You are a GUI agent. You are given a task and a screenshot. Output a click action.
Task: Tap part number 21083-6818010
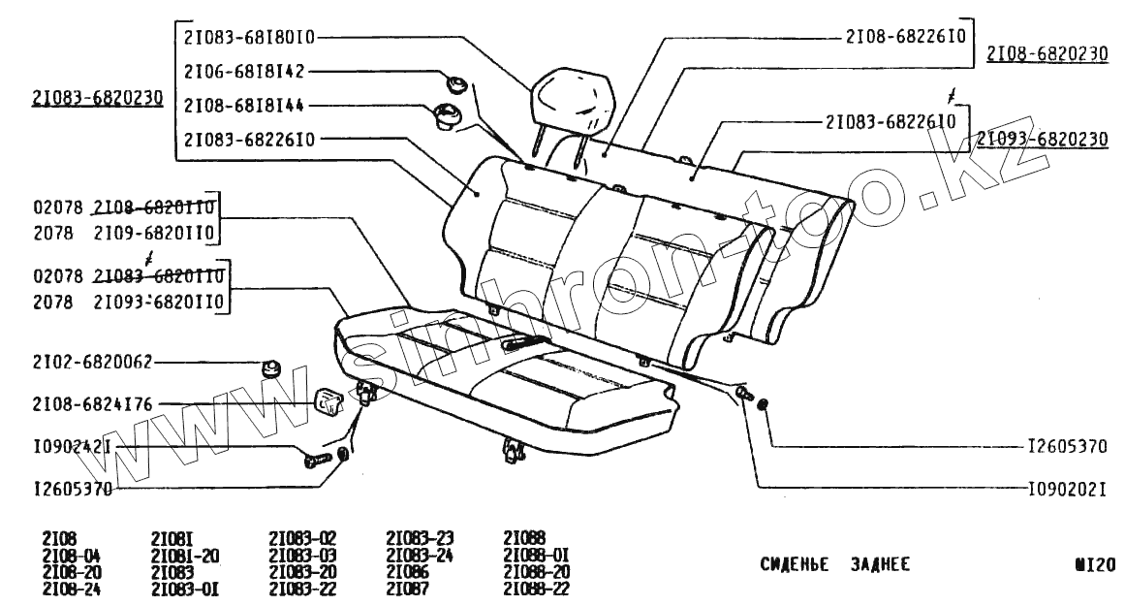249,38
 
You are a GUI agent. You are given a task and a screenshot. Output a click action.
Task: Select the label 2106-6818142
244,72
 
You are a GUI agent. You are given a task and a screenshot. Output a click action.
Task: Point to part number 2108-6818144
244,105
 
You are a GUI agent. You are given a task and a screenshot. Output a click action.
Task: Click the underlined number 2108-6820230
1047,54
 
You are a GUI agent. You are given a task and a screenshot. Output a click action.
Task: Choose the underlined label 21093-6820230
1042,140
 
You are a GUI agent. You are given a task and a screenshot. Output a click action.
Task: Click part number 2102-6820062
92,363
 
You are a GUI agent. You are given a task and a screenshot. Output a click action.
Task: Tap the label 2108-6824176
92,403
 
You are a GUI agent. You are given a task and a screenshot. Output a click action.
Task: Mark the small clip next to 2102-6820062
271,367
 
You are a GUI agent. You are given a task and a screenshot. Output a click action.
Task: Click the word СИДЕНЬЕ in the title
794,565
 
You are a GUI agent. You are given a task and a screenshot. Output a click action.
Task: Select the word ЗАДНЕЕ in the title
881,565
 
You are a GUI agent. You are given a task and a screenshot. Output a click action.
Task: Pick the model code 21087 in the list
408,589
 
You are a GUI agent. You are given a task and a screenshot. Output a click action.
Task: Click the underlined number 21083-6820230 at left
97,99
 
